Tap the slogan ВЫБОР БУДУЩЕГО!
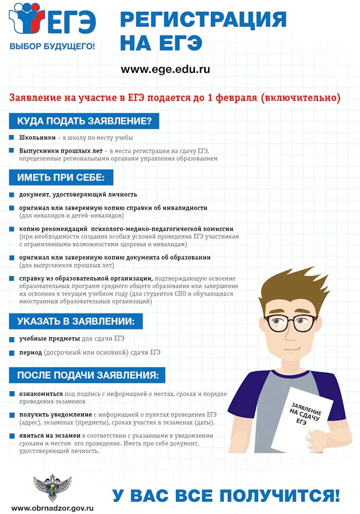pyautogui.click(x=52, y=46)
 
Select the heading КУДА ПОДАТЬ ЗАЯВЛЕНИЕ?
pyautogui.click(x=84, y=121)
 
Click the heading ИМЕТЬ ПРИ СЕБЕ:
pyautogui.click(x=61, y=177)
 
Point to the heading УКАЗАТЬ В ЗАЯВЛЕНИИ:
pyautogui.click(x=76, y=321)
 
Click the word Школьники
pyautogui.click(x=37, y=138)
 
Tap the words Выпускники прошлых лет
pyautogui.click(x=60, y=151)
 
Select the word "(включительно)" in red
pyautogui.click(x=301, y=98)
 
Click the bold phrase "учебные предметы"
pyautogui.click(x=49, y=339)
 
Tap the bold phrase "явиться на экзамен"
pyautogui.click(x=50, y=435)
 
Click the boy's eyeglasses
pyautogui.click(x=291, y=323)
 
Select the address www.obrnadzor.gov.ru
pyautogui.click(x=49, y=508)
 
